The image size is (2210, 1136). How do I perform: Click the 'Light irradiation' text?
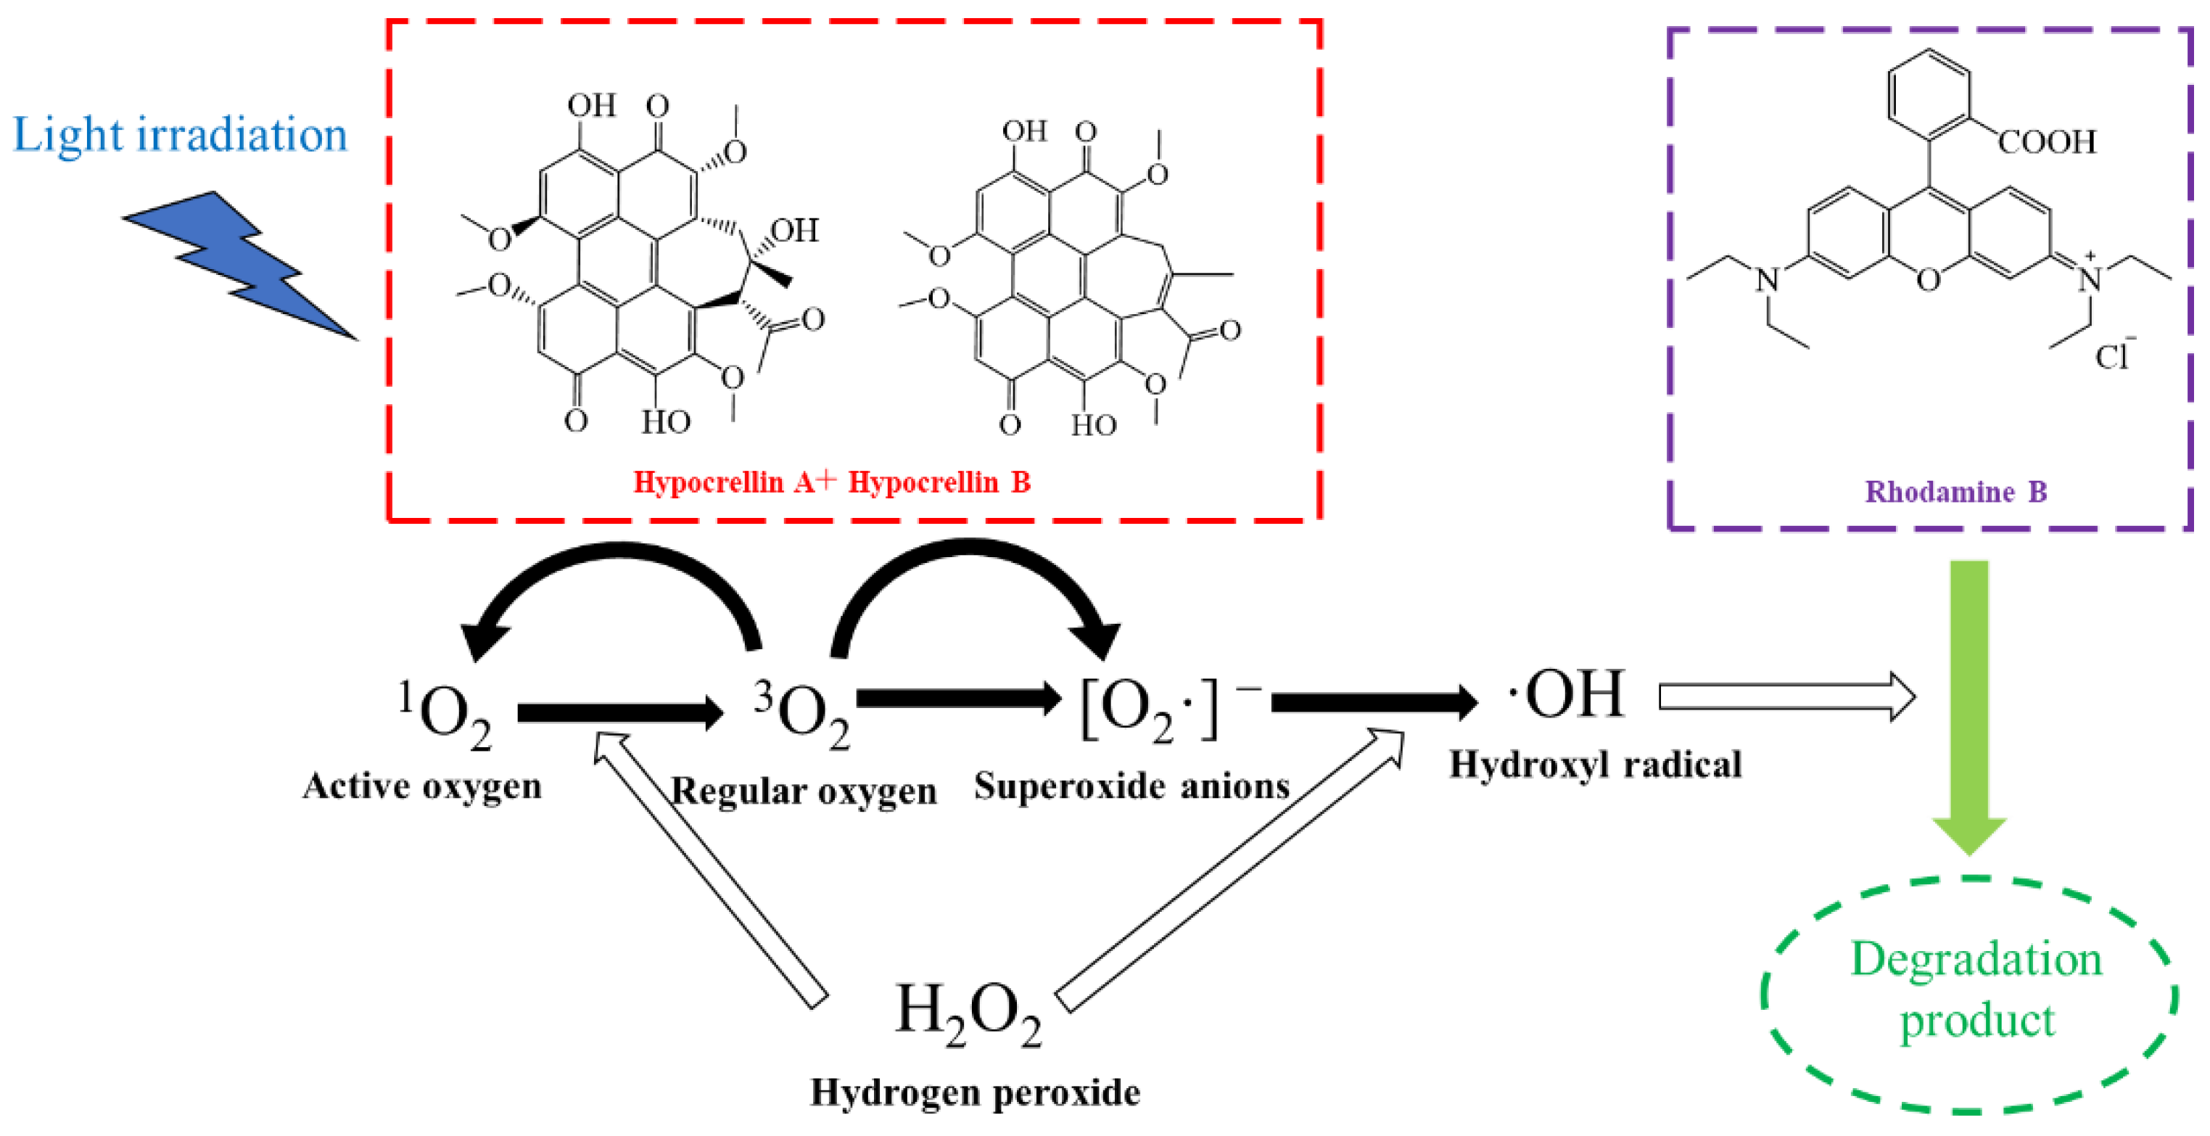(180, 136)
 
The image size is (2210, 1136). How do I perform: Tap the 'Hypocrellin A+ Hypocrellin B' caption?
(831, 482)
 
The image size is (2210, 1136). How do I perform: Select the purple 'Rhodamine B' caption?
(1956, 492)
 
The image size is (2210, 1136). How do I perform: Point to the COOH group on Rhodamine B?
(2047, 141)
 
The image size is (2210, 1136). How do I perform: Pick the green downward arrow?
(1970, 704)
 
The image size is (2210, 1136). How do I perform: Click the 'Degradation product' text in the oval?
(1976, 989)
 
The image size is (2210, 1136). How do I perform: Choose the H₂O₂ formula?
(968, 1013)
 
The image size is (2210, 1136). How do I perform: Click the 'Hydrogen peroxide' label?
(976, 1093)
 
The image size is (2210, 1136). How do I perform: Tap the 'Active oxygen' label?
(422, 786)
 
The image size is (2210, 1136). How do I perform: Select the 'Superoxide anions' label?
(1131, 786)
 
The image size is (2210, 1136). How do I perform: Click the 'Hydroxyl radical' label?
(1596, 764)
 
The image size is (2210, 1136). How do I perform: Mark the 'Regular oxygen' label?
(803, 791)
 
